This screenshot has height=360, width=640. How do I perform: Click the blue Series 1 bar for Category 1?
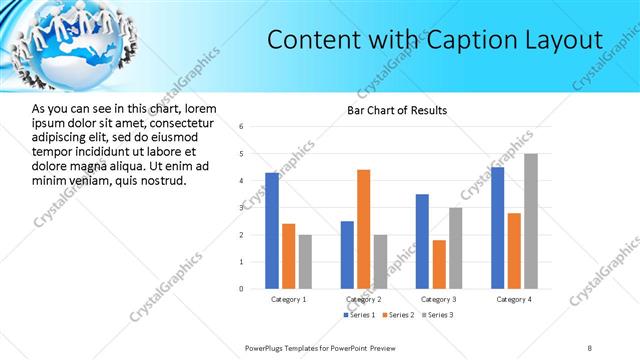point(272,230)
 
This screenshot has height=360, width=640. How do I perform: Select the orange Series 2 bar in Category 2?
point(363,229)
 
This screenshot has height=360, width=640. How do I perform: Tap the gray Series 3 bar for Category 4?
point(531,221)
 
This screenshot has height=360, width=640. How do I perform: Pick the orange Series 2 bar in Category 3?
point(439,264)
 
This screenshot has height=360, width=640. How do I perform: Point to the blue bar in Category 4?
point(498,228)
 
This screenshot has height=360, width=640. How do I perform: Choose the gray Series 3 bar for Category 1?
point(305,261)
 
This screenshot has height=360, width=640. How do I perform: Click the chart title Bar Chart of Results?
point(397,110)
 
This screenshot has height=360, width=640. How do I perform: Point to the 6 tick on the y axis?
point(241,127)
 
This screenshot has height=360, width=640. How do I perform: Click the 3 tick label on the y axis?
point(241,208)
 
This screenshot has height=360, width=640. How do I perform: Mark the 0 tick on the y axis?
point(241,289)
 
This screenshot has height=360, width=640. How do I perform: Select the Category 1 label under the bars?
point(289,299)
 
